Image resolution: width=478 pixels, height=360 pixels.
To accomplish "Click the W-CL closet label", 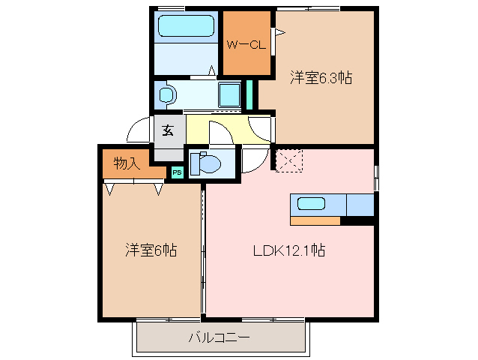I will [246, 45].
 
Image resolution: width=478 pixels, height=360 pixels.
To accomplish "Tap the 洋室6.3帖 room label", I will [321, 76].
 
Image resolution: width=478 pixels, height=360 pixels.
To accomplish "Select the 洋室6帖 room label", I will [151, 250].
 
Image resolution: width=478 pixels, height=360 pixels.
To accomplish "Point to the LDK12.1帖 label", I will [288, 250].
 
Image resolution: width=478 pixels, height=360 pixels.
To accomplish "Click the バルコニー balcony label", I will [219, 337].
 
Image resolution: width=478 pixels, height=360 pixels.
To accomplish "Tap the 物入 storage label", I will [127, 163].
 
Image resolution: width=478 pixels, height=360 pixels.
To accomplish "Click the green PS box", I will [177, 172].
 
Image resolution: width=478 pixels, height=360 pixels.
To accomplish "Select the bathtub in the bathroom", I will [186, 28].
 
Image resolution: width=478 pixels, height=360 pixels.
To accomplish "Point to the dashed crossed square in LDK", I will [288, 160].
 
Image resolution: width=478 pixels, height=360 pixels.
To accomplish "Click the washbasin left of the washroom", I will [166, 94].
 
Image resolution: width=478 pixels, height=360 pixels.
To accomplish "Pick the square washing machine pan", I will [229, 95].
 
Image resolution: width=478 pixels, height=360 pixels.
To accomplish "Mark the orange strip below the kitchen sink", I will [315, 220].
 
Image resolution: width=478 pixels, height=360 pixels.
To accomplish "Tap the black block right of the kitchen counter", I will [357, 220].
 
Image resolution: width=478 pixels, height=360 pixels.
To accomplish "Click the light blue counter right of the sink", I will [360, 203].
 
